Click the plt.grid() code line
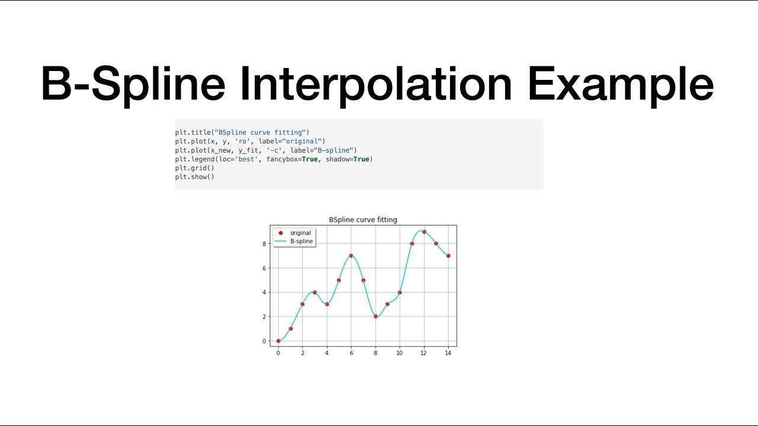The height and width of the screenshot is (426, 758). coord(194,168)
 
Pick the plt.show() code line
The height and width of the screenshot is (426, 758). coord(194,177)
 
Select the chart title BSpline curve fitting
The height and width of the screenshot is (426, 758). coord(363,220)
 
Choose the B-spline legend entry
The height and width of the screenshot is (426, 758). coord(301,241)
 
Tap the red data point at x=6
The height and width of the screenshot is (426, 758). coord(351,256)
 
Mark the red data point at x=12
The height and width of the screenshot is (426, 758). coord(424,231)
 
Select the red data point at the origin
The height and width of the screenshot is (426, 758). coord(278,341)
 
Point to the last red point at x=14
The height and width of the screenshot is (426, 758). coord(448,256)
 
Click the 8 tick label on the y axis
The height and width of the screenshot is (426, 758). coord(265,244)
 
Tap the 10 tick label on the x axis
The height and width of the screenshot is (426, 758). coord(400,353)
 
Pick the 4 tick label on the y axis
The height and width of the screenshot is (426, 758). coord(265,292)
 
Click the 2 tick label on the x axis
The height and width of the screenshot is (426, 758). coord(303,353)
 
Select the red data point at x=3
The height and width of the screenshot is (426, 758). coord(314,292)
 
